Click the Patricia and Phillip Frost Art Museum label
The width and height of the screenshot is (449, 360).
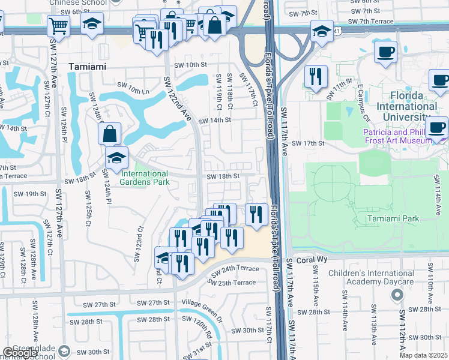[396, 136]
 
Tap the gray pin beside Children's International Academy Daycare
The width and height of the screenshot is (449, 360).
[396, 295]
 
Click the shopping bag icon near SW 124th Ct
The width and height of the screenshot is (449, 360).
[110, 133]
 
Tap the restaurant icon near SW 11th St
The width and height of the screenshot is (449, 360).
[315, 76]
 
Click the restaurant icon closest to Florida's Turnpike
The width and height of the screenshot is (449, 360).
[257, 214]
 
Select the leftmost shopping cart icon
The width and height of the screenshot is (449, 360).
[58, 25]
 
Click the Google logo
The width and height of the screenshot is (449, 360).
[19, 353]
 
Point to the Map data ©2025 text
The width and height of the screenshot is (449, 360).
[423, 355]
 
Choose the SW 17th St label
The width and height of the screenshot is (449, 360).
[307, 143]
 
